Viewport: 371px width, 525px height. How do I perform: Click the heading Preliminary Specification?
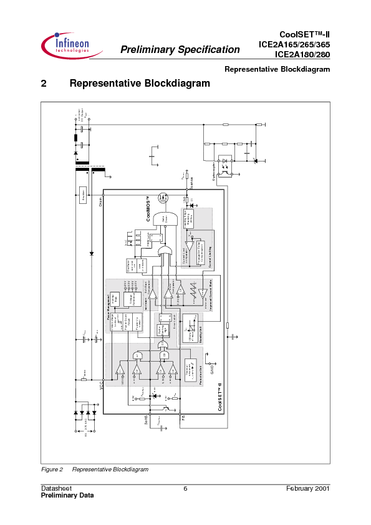180,50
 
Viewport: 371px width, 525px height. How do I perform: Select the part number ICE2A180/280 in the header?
303,54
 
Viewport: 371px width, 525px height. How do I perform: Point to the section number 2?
44,83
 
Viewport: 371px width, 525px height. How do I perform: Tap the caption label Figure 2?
52,469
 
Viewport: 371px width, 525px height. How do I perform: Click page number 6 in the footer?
185,488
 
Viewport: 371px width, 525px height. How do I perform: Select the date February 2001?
307,488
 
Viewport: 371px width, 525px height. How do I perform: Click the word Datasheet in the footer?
56,488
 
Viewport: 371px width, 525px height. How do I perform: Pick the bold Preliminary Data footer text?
67,495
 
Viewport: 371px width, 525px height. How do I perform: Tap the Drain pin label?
100,200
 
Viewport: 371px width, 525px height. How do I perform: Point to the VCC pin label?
100,387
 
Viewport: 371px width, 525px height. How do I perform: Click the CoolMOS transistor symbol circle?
165,198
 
